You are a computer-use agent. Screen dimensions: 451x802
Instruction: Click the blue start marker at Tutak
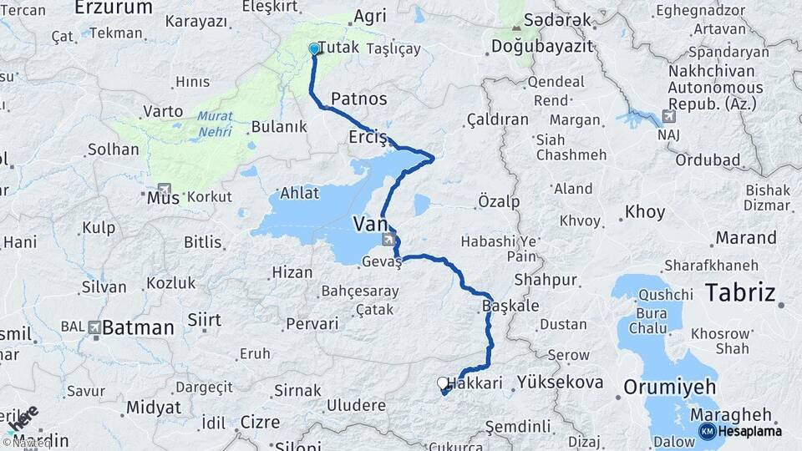[x=314, y=48]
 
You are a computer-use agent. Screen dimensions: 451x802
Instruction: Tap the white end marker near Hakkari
[x=443, y=383]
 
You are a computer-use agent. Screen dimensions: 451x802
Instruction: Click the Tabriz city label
[x=740, y=292]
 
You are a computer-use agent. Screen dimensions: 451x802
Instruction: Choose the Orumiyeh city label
[x=670, y=388]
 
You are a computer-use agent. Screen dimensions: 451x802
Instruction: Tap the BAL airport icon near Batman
[x=94, y=327]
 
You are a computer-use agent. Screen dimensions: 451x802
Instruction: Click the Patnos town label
[x=359, y=99]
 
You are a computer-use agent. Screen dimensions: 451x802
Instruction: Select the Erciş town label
[x=368, y=137]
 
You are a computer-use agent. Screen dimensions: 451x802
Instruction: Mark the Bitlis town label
[x=203, y=242]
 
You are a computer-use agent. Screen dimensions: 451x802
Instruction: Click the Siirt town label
[x=204, y=320]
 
